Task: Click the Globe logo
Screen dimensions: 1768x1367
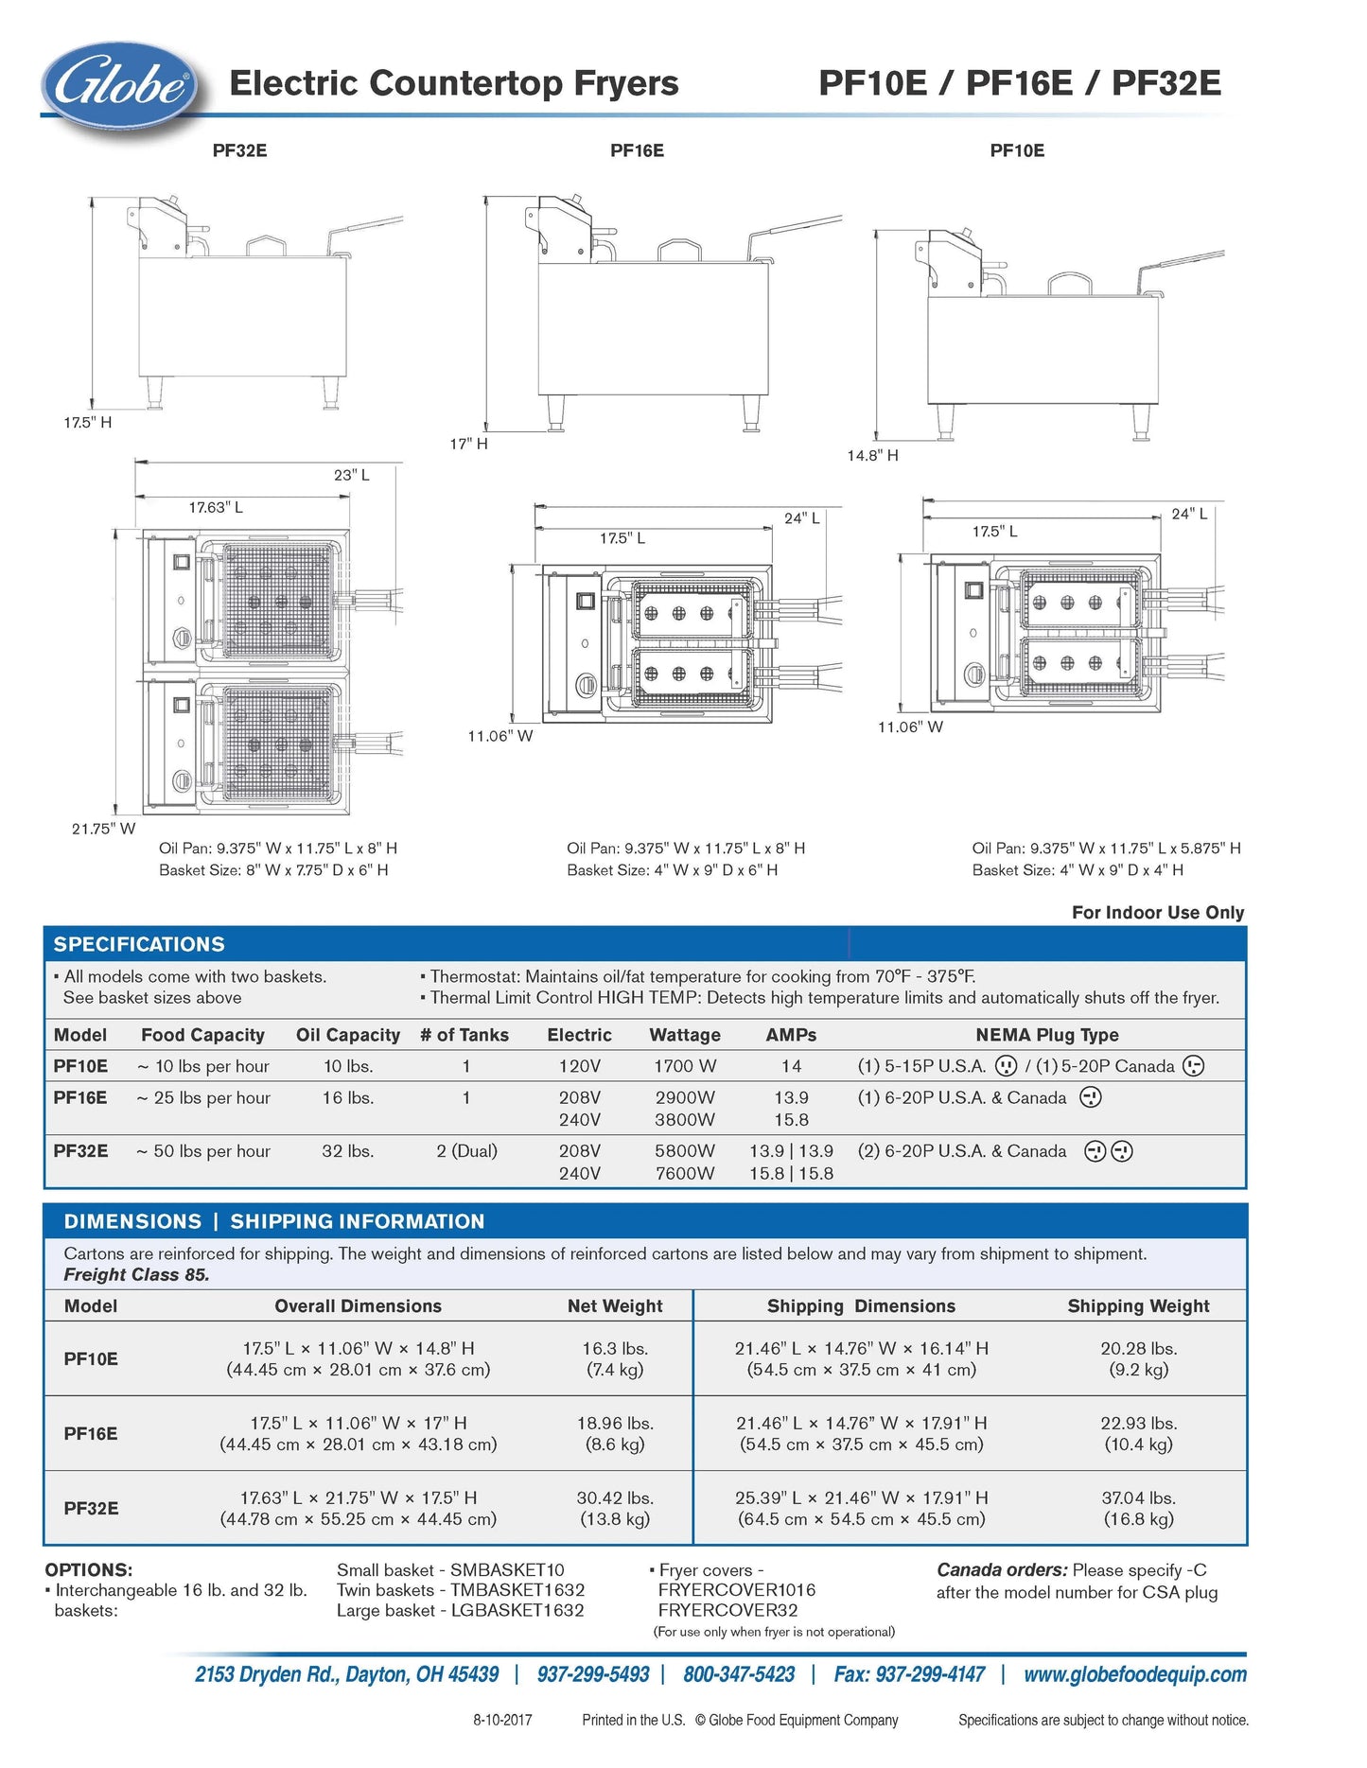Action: pyautogui.click(x=119, y=86)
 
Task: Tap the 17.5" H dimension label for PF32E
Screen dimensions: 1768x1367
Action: pyautogui.click(x=87, y=423)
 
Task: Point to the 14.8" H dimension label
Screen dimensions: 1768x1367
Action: pyautogui.click(x=872, y=456)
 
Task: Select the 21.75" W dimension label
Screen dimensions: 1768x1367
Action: pyautogui.click(x=103, y=829)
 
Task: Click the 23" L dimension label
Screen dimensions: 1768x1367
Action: pyautogui.click(x=352, y=475)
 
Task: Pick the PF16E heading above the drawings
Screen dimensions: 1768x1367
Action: pyautogui.click(x=637, y=150)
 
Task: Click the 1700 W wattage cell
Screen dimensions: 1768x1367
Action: pyautogui.click(x=685, y=1066)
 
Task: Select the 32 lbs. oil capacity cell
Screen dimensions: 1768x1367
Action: pyautogui.click(x=348, y=1151)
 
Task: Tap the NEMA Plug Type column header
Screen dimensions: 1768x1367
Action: pyautogui.click(x=1046, y=1035)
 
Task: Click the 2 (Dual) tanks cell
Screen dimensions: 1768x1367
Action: pyautogui.click(x=466, y=1151)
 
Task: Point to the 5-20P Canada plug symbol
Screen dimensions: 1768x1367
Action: pyautogui.click(x=1194, y=1066)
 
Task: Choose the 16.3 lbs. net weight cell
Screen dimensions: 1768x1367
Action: pyautogui.click(x=615, y=1349)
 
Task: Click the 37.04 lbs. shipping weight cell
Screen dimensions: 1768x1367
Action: pyautogui.click(x=1138, y=1498)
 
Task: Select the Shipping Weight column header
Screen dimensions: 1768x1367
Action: pyautogui.click(x=1138, y=1306)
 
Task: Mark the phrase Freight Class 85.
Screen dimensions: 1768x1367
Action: pyautogui.click(x=136, y=1275)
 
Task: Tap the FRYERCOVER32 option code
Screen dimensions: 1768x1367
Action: pyautogui.click(x=727, y=1610)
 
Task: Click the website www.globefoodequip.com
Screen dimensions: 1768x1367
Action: pyautogui.click(x=1134, y=1674)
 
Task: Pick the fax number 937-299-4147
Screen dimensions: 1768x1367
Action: pyautogui.click(x=909, y=1674)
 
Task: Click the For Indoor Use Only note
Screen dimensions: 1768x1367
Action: pyautogui.click(x=1157, y=913)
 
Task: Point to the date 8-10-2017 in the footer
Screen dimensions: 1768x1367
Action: pyautogui.click(x=502, y=1720)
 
